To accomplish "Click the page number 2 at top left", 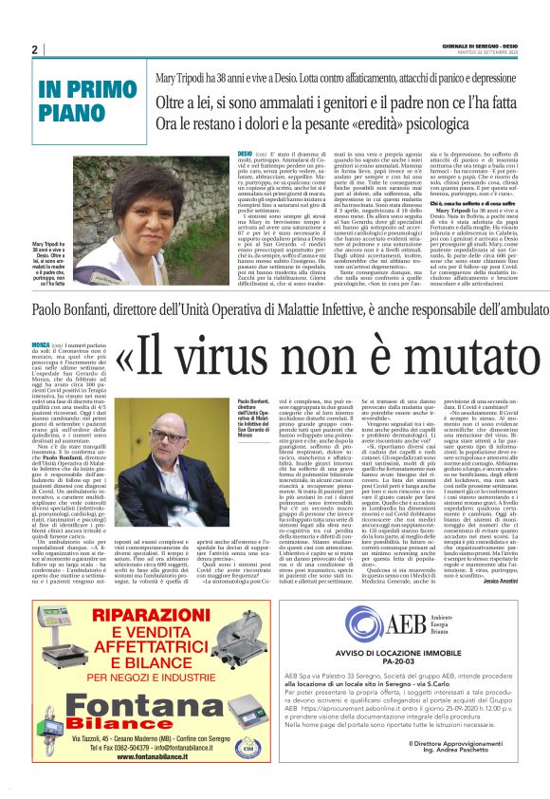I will point(34,50).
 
